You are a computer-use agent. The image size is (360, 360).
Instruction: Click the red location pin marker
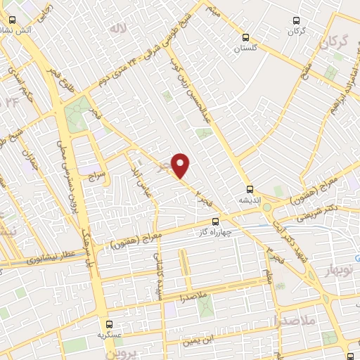(x=181, y=165)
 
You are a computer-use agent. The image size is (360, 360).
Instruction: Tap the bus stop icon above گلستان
(x=245, y=37)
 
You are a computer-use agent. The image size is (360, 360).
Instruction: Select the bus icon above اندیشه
(x=250, y=188)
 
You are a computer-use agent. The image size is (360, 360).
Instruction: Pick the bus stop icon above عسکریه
(x=109, y=325)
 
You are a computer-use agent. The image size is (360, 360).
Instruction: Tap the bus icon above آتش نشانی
(x=12, y=20)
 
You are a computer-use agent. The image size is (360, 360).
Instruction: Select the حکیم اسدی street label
(x=18, y=92)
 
